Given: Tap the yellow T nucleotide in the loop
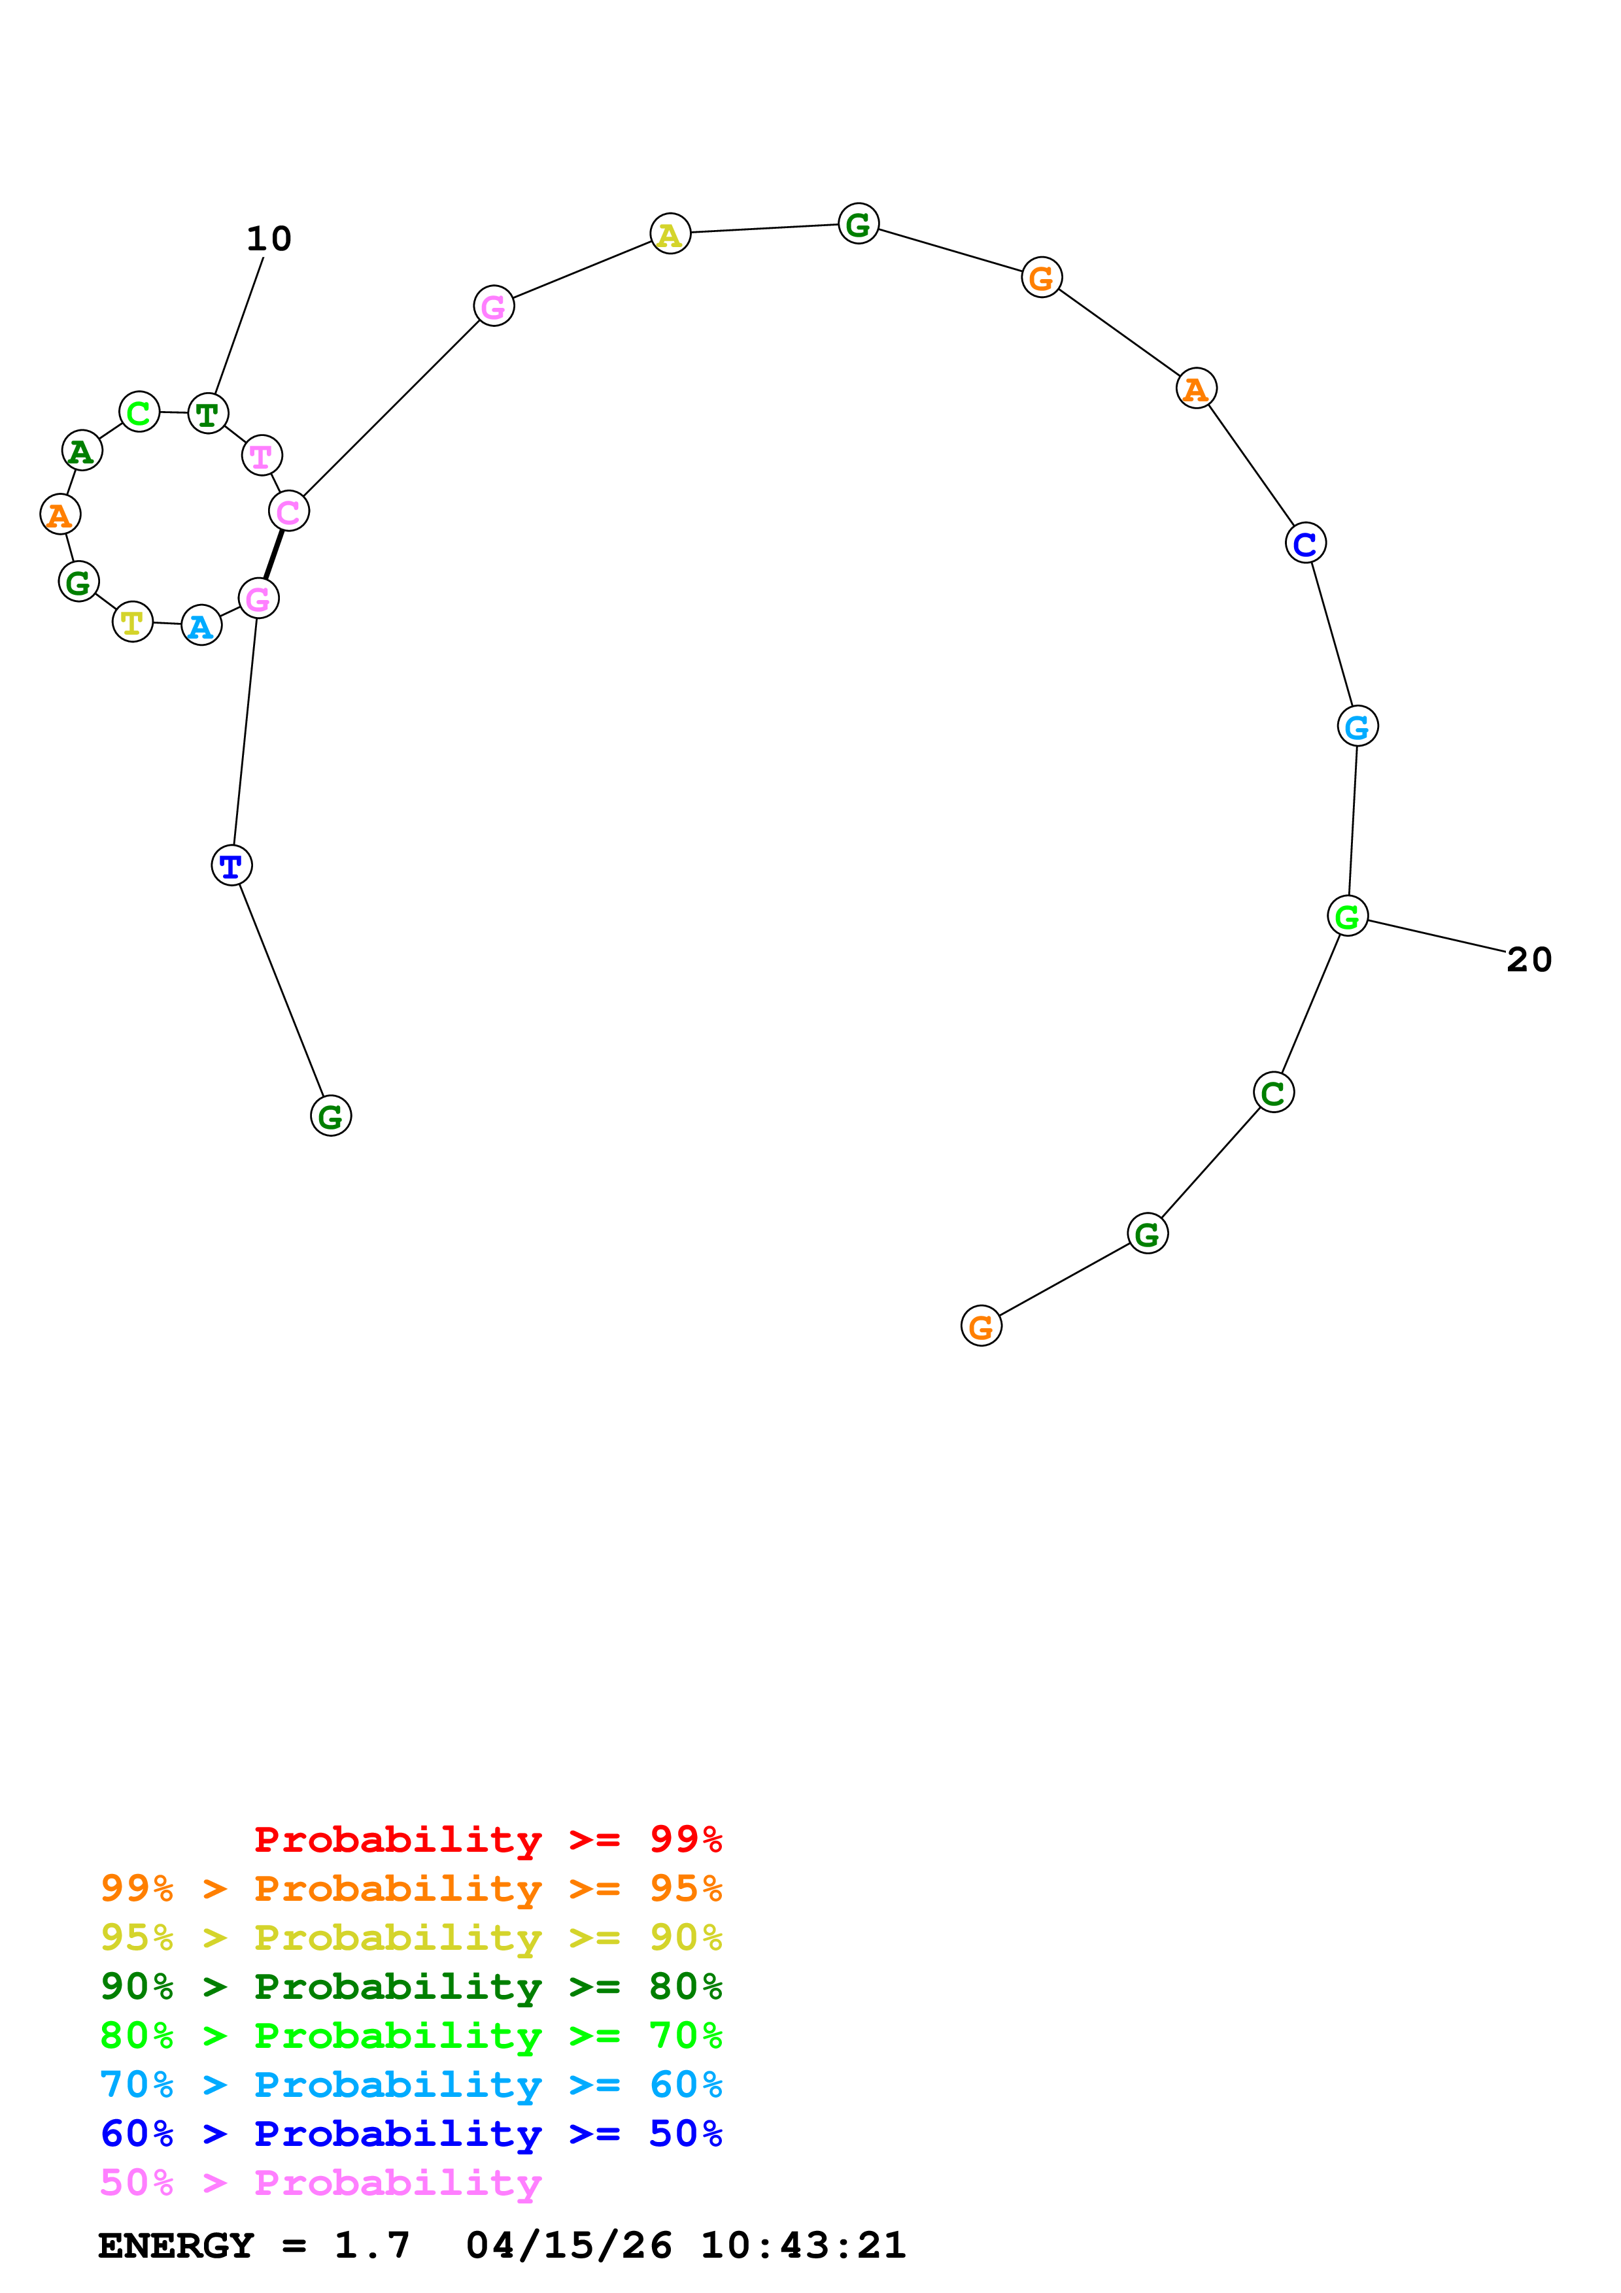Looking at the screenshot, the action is point(132,622).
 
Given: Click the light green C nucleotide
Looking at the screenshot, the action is point(139,410).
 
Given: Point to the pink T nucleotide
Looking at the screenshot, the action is point(262,456).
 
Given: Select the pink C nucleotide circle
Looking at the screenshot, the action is point(288,511).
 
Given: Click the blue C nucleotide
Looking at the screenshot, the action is point(1305,543).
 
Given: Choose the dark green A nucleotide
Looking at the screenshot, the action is point(82,450).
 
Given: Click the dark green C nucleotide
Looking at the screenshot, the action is point(1272,1092).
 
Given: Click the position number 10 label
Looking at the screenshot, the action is point(269,239).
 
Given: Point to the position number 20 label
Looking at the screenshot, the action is point(1528,960).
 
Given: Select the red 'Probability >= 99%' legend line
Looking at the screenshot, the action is point(487,1839).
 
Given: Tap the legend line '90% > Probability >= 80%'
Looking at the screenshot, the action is point(411,1986).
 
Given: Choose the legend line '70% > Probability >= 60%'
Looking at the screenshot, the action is point(411,2084).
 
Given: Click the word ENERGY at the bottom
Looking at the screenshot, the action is point(176,2246).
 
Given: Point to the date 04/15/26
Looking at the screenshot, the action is point(568,2246).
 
